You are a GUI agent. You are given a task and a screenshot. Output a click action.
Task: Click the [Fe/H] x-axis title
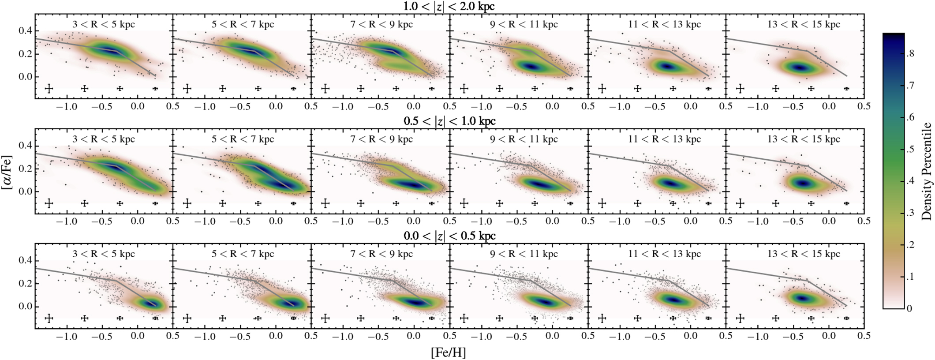click(x=448, y=352)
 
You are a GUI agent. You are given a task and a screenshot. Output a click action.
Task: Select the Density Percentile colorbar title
click(x=926, y=172)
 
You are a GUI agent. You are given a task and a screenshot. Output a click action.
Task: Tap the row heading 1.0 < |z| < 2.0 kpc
click(x=449, y=6)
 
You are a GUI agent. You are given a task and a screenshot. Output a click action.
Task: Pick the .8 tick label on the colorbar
click(x=910, y=54)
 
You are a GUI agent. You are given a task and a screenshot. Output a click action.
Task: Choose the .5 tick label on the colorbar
click(x=910, y=149)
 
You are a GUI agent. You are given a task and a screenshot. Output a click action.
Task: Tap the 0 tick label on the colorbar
click(x=909, y=308)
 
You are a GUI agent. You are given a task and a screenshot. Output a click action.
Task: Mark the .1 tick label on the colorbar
click(x=910, y=277)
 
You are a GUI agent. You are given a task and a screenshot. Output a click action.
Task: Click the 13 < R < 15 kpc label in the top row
click(x=804, y=24)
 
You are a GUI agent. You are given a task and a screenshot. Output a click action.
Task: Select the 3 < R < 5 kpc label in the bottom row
click(x=104, y=254)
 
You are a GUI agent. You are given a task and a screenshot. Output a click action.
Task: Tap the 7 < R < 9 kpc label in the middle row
click(x=381, y=139)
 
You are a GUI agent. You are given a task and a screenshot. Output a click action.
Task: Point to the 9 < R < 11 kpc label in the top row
click(x=524, y=24)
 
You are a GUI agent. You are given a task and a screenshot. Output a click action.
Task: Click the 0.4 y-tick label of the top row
click(x=25, y=31)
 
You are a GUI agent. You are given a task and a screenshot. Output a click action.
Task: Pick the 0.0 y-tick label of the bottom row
click(x=25, y=306)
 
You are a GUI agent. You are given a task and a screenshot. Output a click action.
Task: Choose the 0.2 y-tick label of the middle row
click(x=25, y=169)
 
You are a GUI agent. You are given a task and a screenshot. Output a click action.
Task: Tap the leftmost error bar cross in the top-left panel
click(x=49, y=89)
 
